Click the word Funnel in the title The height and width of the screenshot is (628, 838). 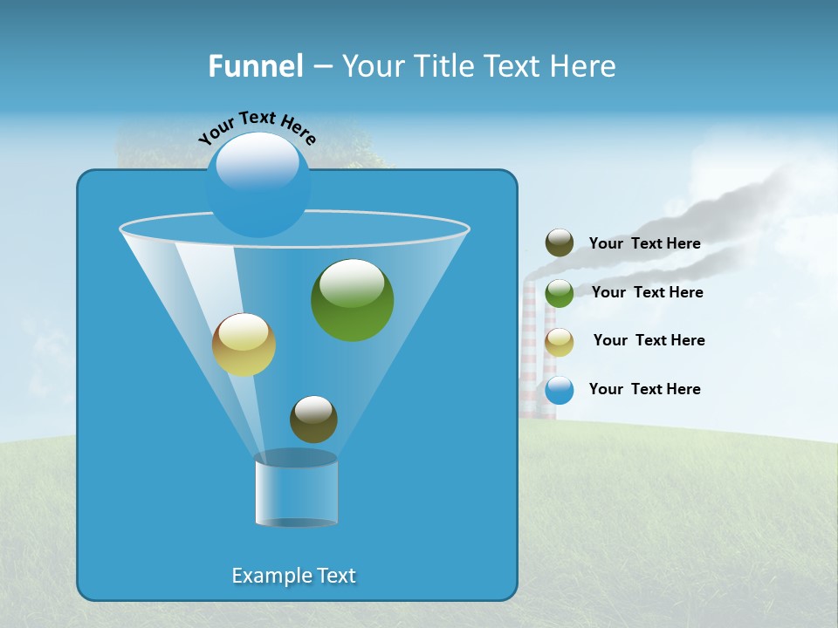pyautogui.click(x=256, y=66)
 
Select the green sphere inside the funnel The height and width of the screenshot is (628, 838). pyautogui.click(x=352, y=300)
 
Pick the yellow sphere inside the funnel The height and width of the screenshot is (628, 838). pyautogui.click(x=244, y=345)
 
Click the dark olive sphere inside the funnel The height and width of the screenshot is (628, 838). pyautogui.click(x=313, y=420)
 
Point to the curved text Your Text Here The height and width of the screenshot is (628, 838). pyautogui.click(x=257, y=127)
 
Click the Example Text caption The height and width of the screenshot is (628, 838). pyautogui.click(x=294, y=576)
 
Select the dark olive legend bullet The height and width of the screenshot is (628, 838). pyautogui.click(x=560, y=242)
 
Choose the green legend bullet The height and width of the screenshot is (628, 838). pyautogui.click(x=560, y=293)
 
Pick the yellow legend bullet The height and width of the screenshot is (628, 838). pyautogui.click(x=560, y=342)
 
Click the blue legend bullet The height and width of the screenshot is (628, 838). pyautogui.click(x=560, y=390)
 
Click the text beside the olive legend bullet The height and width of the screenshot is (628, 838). pyautogui.click(x=644, y=243)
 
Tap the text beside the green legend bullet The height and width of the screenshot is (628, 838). pyautogui.click(x=647, y=292)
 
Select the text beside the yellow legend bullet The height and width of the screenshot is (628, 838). pyautogui.click(x=649, y=340)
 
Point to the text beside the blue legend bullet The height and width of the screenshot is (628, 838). pyautogui.click(x=644, y=389)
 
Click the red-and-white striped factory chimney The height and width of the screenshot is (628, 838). pyautogui.click(x=529, y=349)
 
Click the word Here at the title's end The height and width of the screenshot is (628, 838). pyautogui.click(x=584, y=66)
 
